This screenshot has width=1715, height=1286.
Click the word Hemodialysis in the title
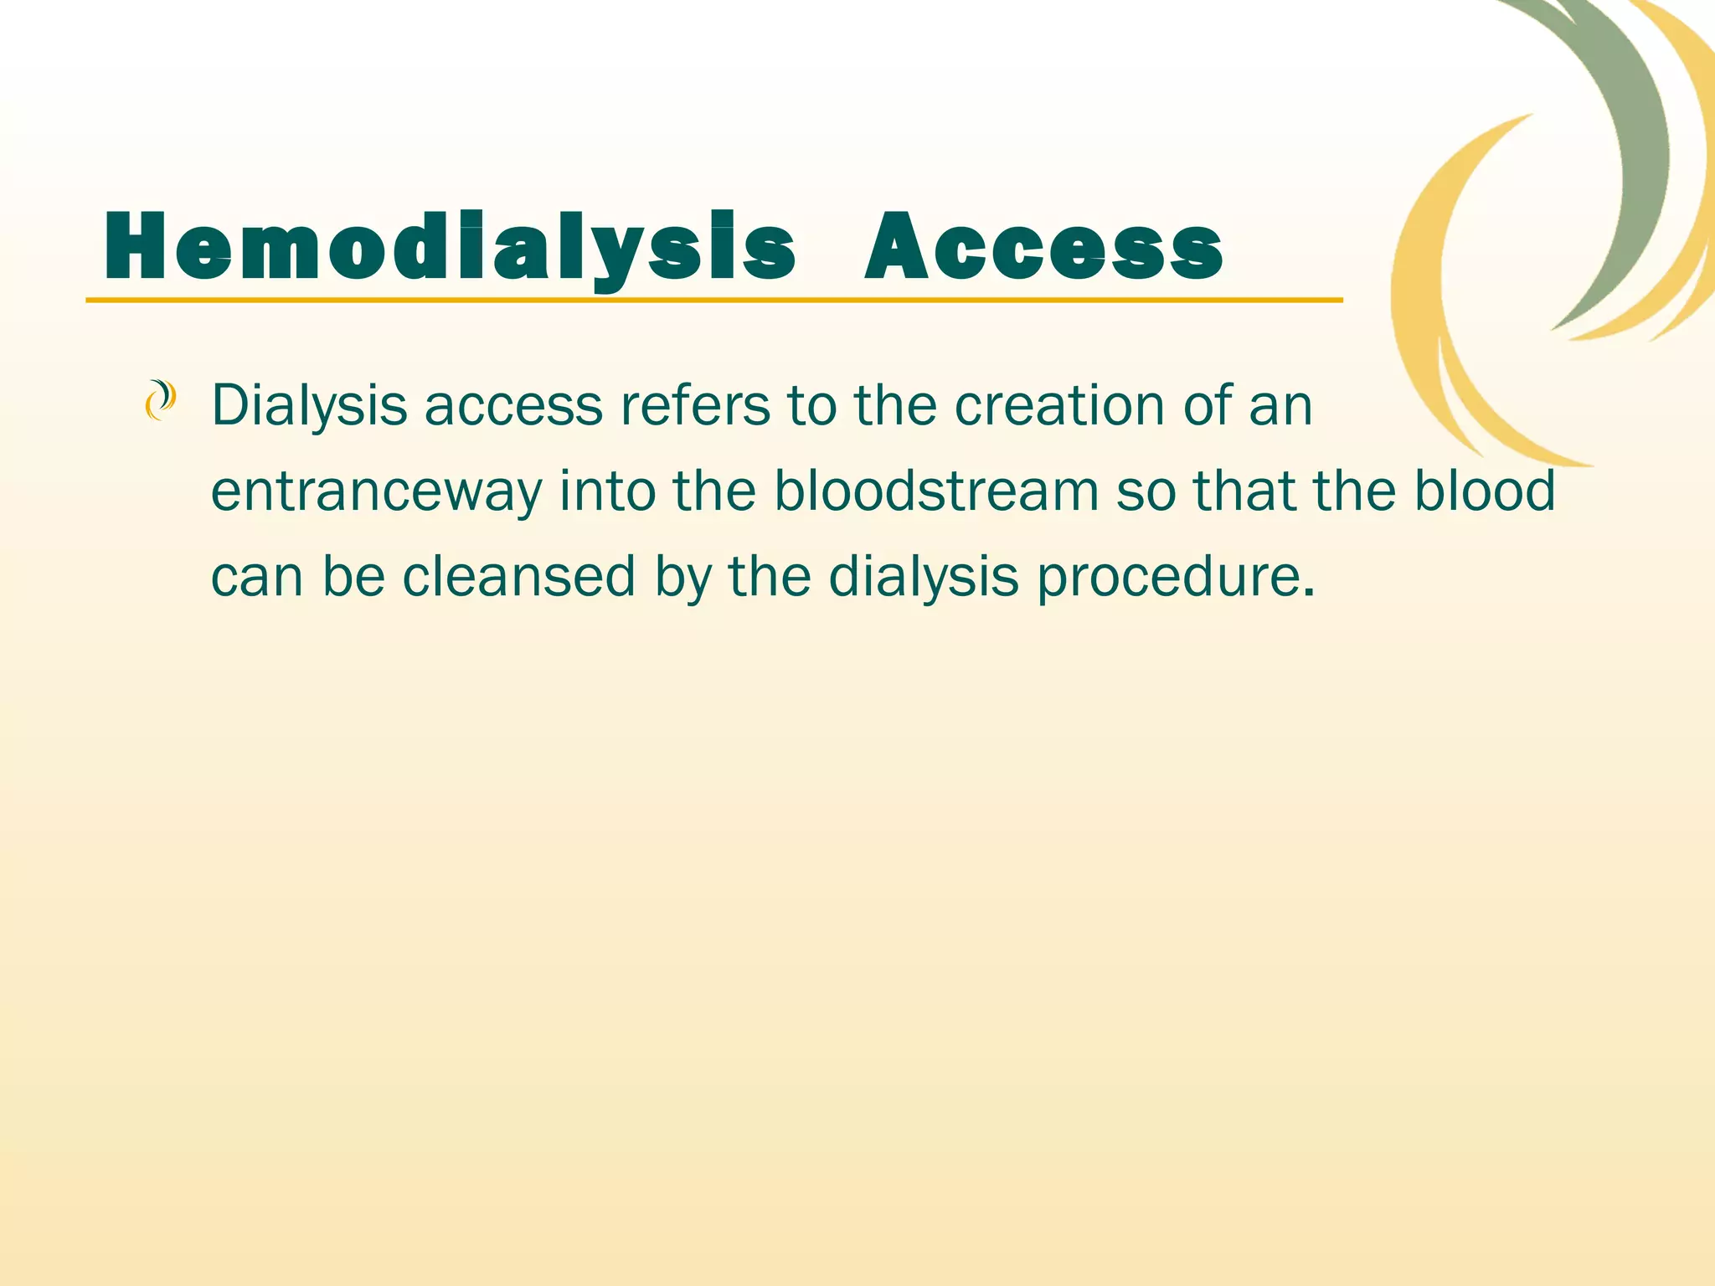coord(449,248)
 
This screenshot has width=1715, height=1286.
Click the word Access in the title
coord(1043,248)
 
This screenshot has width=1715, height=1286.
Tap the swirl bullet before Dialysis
coord(160,400)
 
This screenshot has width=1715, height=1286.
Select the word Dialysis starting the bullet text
coord(309,407)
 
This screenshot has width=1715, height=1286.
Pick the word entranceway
coord(376,491)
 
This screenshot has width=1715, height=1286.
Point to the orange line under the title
coord(712,299)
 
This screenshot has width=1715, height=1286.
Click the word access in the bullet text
coord(513,407)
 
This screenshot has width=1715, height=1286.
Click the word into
coord(607,491)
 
